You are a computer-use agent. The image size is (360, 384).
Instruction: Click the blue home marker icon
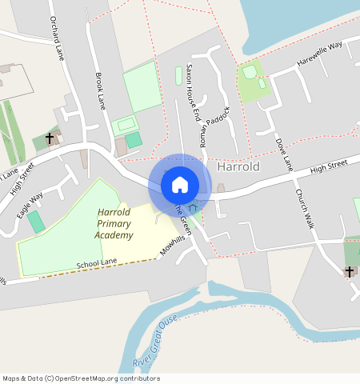pyautogui.click(x=180, y=185)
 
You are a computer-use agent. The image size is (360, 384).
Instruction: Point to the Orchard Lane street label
pyautogui.click(x=56, y=38)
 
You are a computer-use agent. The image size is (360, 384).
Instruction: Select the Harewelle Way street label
pyautogui.click(x=319, y=54)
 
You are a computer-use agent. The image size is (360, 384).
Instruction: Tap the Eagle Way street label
pyautogui.click(x=31, y=205)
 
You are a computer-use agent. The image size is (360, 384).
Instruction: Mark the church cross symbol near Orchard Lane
pyautogui.click(x=50, y=138)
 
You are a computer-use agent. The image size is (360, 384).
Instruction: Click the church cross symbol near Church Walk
pyautogui.click(x=350, y=272)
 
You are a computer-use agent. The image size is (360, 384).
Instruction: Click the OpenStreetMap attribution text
pyautogui.click(x=80, y=378)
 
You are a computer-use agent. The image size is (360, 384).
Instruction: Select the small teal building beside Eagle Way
pyautogui.click(x=36, y=222)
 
